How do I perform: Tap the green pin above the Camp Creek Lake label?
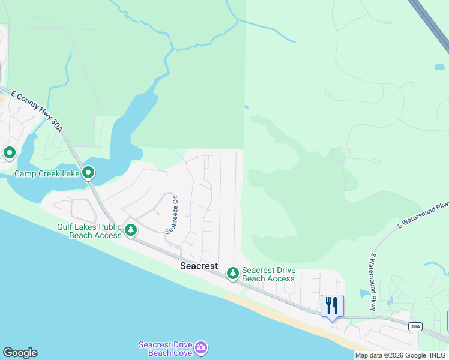(x=88, y=173)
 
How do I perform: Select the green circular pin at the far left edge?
(x=9, y=153)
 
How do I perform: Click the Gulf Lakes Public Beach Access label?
(x=89, y=232)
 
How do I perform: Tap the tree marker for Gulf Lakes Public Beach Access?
(x=130, y=229)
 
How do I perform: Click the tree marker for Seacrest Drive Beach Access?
(x=232, y=274)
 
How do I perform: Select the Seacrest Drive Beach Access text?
(x=268, y=275)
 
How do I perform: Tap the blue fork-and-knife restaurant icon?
(x=332, y=305)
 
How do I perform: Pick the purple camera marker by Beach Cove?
(x=202, y=347)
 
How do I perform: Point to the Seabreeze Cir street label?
(x=172, y=215)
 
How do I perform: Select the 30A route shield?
(x=415, y=326)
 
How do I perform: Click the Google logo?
(x=20, y=353)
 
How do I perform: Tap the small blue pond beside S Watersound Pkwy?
(x=364, y=293)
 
